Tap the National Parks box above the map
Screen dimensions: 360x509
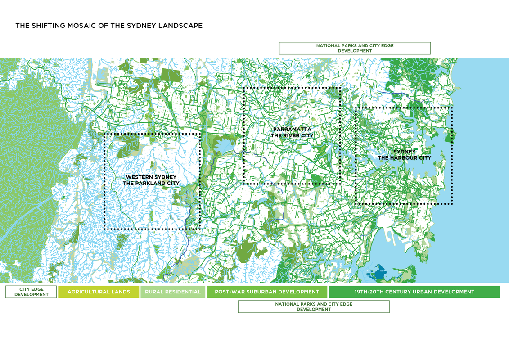(355, 48)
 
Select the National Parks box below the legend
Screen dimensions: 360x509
(313, 306)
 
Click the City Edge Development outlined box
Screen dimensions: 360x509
(31, 292)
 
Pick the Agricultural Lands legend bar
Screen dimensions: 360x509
(99, 292)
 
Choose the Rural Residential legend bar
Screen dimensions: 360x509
(173, 292)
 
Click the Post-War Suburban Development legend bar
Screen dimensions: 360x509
(267, 292)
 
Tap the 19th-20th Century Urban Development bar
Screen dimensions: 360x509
(414, 292)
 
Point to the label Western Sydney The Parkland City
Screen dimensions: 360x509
(151, 180)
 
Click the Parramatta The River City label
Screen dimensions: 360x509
(292, 132)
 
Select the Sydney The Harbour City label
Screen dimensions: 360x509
(404, 155)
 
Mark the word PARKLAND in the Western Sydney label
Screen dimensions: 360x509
(152, 183)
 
